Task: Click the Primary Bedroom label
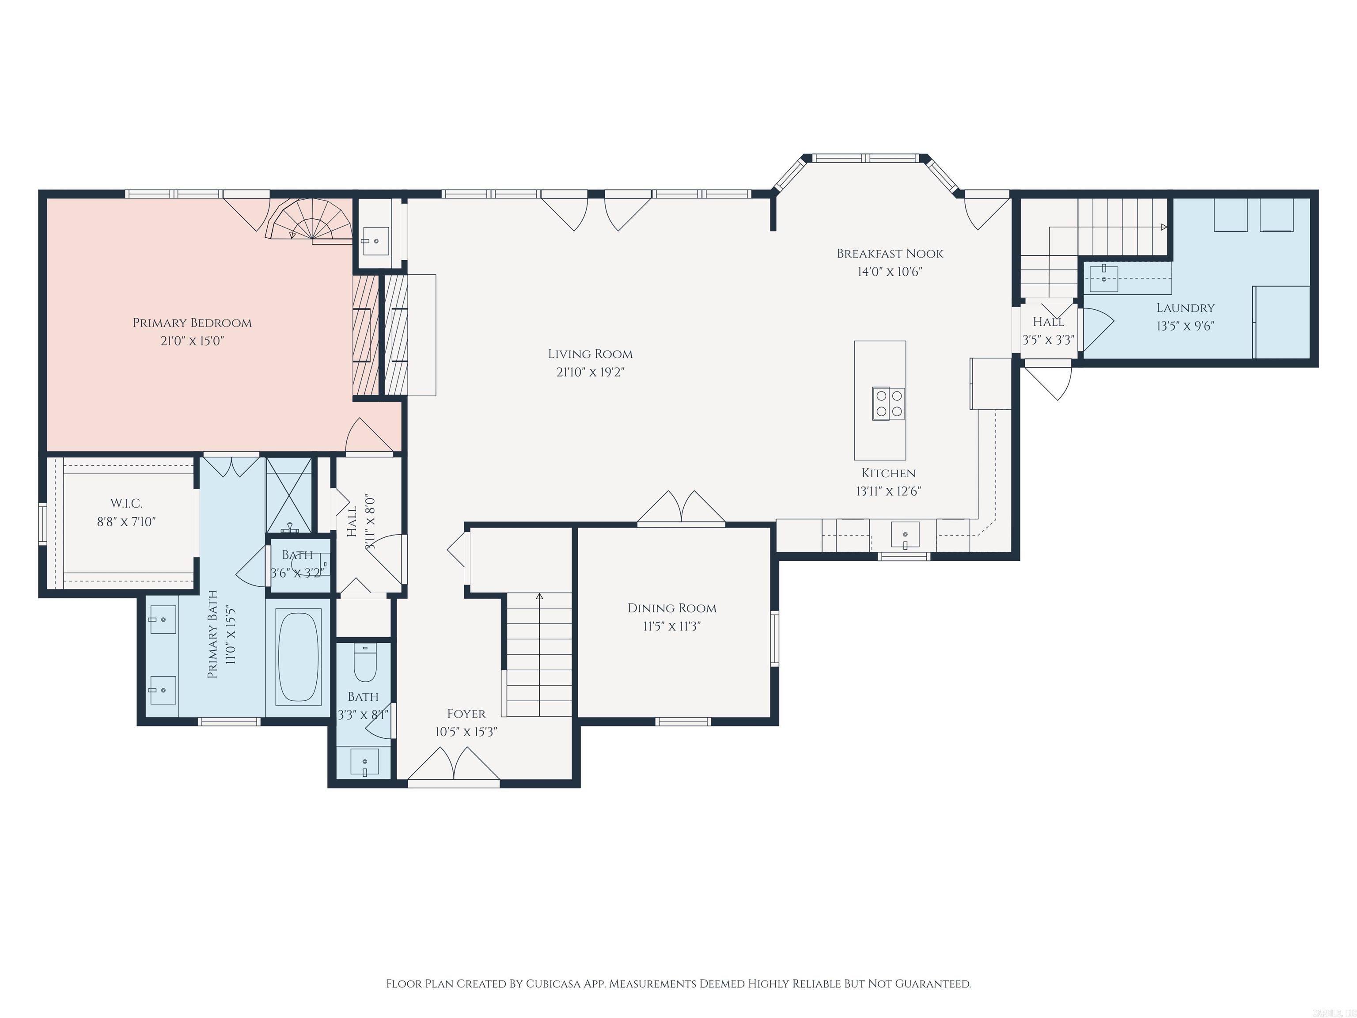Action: tap(192, 323)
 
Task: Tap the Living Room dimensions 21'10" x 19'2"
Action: tap(590, 372)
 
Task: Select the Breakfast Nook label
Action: tap(890, 254)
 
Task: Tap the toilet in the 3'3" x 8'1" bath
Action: tap(365, 666)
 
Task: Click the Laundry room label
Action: tap(1185, 308)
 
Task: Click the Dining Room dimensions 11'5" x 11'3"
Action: tap(672, 626)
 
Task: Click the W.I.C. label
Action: tap(126, 504)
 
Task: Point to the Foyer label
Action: tap(466, 714)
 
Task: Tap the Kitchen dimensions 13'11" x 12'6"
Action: tap(888, 491)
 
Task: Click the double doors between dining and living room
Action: tap(681, 508)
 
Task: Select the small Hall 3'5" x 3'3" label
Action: tap(1048, 322)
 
